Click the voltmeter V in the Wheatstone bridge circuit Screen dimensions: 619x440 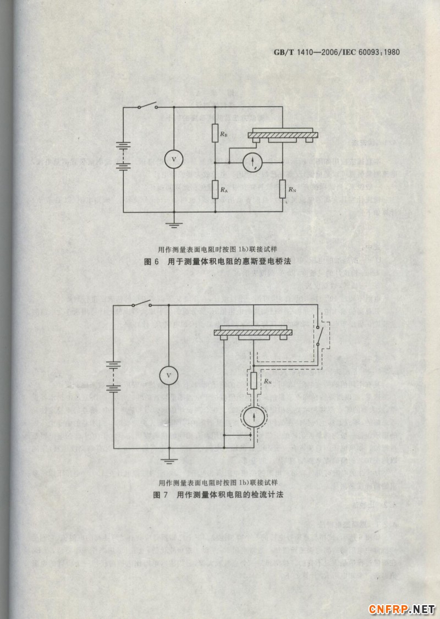pos(174,159)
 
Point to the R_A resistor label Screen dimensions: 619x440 pos(224,190)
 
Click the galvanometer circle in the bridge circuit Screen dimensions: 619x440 pos(254,162)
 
